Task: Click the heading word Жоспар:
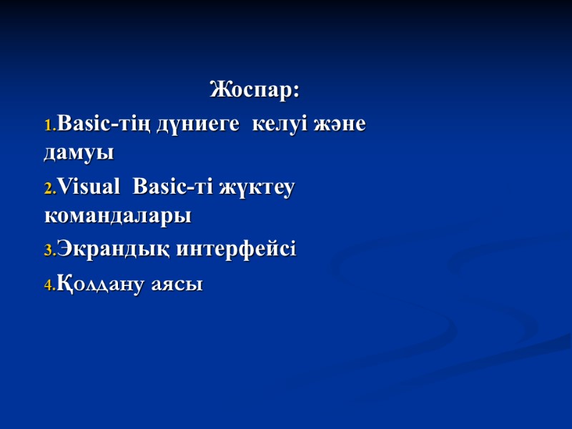point(255,91)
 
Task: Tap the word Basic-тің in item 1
point(101,124)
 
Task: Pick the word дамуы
point(79,152)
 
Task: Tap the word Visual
point(89,187)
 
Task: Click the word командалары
point(117,214)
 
